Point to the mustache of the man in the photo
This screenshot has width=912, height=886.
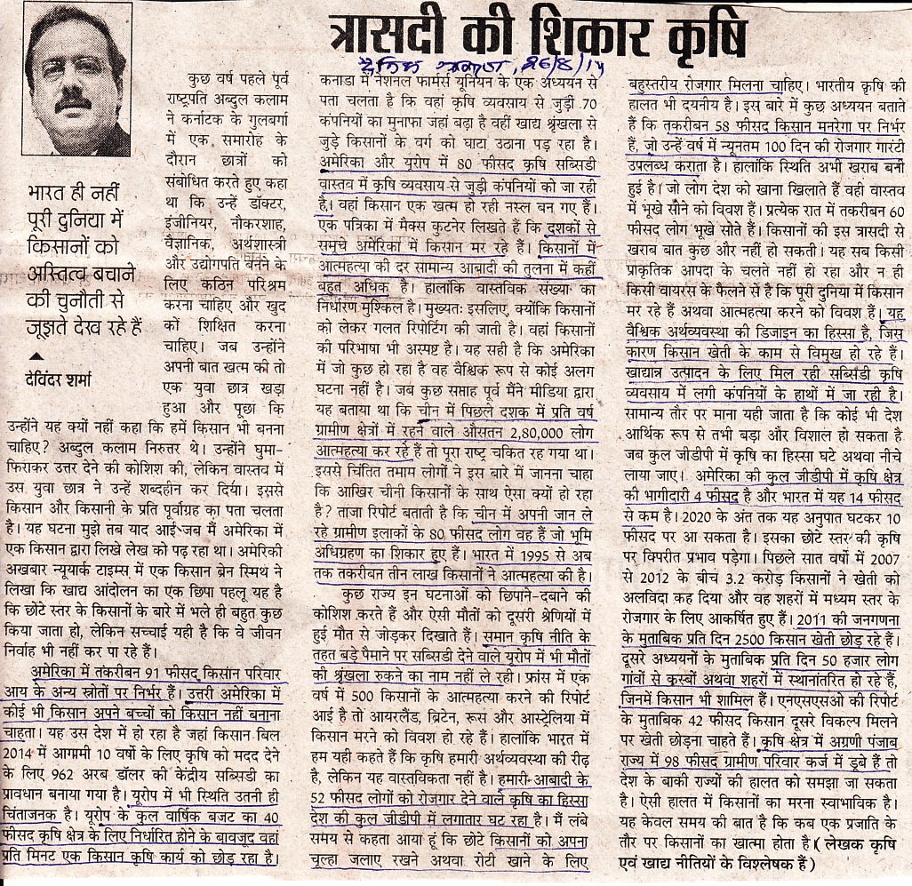[x=73, y=96]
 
